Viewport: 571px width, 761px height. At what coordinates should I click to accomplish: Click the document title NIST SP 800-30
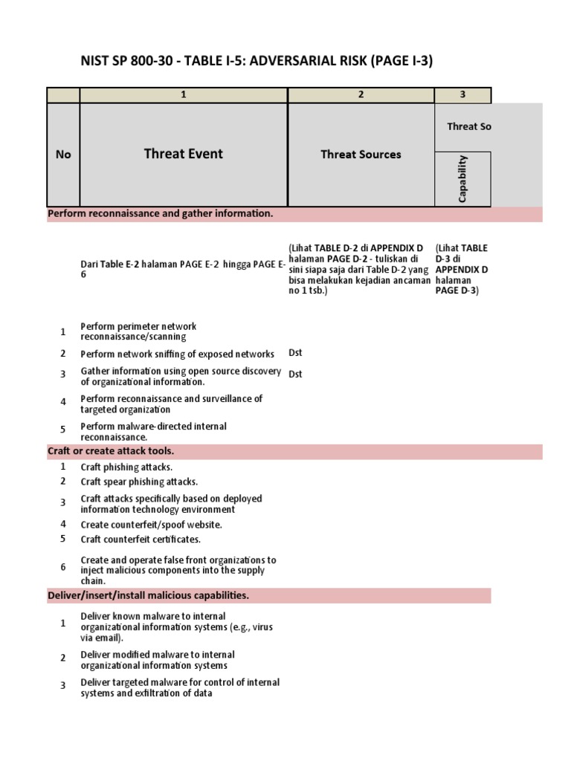257,61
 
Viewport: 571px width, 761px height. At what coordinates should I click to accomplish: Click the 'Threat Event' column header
183,154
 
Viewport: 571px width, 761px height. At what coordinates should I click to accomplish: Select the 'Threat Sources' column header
361,155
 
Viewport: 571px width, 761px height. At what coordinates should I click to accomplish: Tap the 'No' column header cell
63,155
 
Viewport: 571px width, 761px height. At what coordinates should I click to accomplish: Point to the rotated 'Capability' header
462,178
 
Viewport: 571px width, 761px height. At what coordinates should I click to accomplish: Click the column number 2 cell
361,94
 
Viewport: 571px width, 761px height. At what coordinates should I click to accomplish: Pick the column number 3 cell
462,94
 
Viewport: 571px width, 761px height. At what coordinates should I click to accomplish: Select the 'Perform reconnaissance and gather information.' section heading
161,214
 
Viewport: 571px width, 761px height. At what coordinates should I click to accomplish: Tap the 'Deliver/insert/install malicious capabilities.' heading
149,595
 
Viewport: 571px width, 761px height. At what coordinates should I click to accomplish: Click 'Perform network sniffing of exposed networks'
177,354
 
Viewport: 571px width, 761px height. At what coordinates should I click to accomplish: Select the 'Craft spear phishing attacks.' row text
139,482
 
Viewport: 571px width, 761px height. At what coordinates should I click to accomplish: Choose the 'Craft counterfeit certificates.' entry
141,539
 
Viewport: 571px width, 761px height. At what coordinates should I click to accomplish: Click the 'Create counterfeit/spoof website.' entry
151,524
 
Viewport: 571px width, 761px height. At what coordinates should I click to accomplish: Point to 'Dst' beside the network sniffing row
295,353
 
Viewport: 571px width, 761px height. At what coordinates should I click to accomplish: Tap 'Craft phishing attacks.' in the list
126,467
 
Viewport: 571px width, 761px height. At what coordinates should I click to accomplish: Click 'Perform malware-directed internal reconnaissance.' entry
153,432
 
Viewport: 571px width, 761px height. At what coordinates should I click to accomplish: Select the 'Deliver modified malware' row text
158,660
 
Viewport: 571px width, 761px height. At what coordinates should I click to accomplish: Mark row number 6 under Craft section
63,567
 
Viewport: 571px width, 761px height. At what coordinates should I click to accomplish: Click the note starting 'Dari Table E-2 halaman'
182,269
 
